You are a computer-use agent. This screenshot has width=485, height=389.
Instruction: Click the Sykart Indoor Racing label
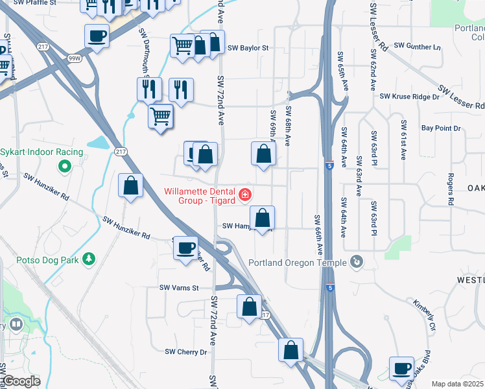pyautogui.click(x=41, y=152)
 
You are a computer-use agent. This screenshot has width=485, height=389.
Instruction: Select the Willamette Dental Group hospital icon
pyautogui.click(x=244, y=194)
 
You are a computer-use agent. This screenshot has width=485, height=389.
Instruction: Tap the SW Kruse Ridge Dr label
pyautogui.click(x=409, y=97)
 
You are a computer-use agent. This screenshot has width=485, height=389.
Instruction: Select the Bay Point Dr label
pyautogui.click(x=441, y=128)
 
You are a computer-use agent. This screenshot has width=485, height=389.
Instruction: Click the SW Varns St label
pyautogui.click(x=178, y=287)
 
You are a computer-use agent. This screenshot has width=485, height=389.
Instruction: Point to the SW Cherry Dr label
pyautogui.click(x=185, y=352)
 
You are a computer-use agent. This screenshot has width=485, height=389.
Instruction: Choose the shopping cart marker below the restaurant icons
pyautogui.click(x=160, y=117)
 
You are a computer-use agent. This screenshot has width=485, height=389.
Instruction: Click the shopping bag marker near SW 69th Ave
pyautogui.click(x=263, y=154)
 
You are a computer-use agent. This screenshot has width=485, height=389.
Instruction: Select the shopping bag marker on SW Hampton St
pyautogui.click(x=262, y=218)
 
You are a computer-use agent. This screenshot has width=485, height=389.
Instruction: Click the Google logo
pyautogui.click(x=22, y=382)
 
